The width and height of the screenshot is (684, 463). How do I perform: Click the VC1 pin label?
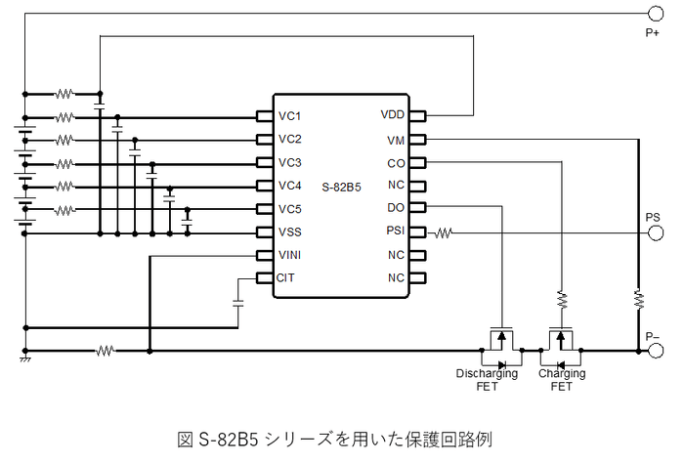point(290,115)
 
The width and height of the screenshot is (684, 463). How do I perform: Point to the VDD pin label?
point(392,115)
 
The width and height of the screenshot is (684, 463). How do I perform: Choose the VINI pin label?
point(291,256)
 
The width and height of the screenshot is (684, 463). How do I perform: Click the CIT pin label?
point(286,278)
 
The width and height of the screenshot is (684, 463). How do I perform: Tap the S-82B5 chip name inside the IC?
point(341,186)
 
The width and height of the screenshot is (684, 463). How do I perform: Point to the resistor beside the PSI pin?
point(444,232)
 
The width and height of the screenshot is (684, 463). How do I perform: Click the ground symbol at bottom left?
point(23,360)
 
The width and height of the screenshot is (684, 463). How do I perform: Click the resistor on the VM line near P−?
point(637,297)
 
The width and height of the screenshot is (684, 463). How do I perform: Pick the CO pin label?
point(395,162)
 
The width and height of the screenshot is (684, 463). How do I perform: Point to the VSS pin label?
point(290,232)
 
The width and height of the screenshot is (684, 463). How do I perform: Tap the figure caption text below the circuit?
point(341,434)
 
